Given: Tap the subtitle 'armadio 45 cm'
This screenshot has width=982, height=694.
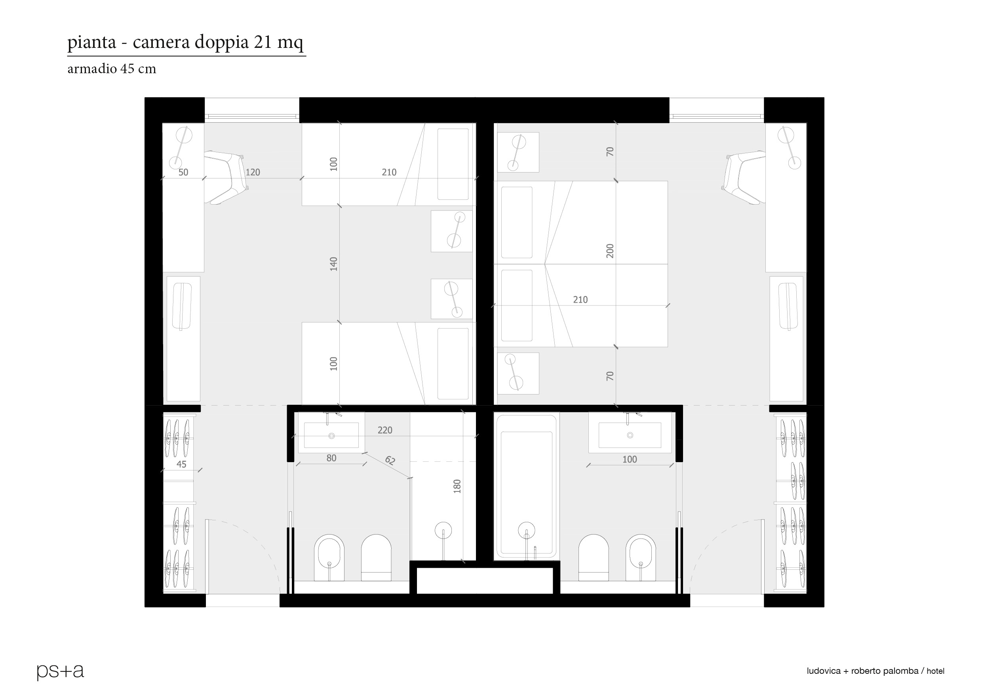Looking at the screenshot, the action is [112, 69].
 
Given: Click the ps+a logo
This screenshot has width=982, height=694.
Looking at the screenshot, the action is [60, 671].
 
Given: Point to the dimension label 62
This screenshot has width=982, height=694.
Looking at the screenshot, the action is [390, 460].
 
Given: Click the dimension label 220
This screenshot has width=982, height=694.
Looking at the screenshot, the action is [385, 430].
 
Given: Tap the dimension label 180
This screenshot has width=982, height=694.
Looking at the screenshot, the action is [457, 487].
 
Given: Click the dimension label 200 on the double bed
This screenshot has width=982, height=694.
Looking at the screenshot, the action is [610, 251].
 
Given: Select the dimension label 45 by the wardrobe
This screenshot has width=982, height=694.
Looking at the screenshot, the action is [181, 465].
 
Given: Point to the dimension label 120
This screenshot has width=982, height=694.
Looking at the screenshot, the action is [253, 172].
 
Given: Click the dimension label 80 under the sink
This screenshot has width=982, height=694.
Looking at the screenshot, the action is [331, 458].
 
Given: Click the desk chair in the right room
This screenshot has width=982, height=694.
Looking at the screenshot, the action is [744, 177].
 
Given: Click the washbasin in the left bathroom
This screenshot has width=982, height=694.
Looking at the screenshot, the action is [331, 432].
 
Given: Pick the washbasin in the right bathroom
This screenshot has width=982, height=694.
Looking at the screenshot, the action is [630, 432].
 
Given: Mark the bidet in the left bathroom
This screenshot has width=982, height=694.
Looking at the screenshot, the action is [329, 557].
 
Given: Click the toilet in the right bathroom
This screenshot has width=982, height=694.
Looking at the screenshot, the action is [594, 557].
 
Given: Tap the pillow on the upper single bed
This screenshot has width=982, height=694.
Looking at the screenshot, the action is [453, 164].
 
